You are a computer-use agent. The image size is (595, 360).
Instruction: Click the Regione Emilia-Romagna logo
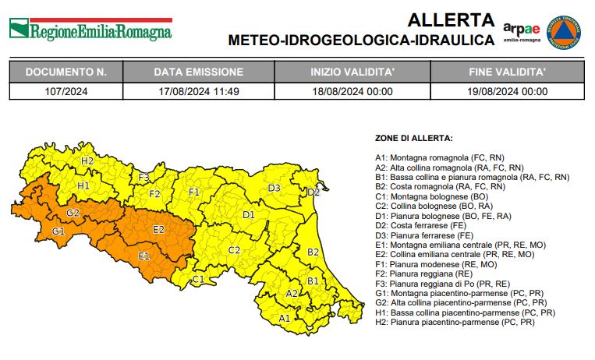click(x=90, y=30)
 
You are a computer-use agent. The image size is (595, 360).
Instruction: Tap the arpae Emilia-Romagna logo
click(x=521, y=32)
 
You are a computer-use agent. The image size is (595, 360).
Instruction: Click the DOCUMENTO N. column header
click(x=66, y=72)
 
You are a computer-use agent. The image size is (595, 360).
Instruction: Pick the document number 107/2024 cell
click(x=66, y=91)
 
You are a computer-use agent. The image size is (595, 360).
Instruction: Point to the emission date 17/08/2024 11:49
click(x=198, y=91)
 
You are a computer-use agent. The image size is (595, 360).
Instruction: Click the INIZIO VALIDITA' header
click(x=352, y=72)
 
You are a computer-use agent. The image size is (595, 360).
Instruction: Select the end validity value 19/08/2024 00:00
click(x=508, y=91)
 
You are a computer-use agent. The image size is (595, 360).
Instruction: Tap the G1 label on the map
click(x=58, y=231)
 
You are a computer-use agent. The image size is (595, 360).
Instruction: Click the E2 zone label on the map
click(x=158, y=229)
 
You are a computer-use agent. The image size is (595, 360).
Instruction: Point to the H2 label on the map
click(x=87, y=161)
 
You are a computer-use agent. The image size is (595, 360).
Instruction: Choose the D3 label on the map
click(x=274, y=188)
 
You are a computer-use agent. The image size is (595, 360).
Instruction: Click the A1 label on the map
click(x=285, y=318)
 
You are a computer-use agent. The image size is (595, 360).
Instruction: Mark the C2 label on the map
click(x=234, y=250)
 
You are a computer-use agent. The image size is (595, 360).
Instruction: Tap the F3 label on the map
click(x=144, y=177)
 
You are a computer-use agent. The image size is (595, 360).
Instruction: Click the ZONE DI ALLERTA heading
click(x=413, y=138)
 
